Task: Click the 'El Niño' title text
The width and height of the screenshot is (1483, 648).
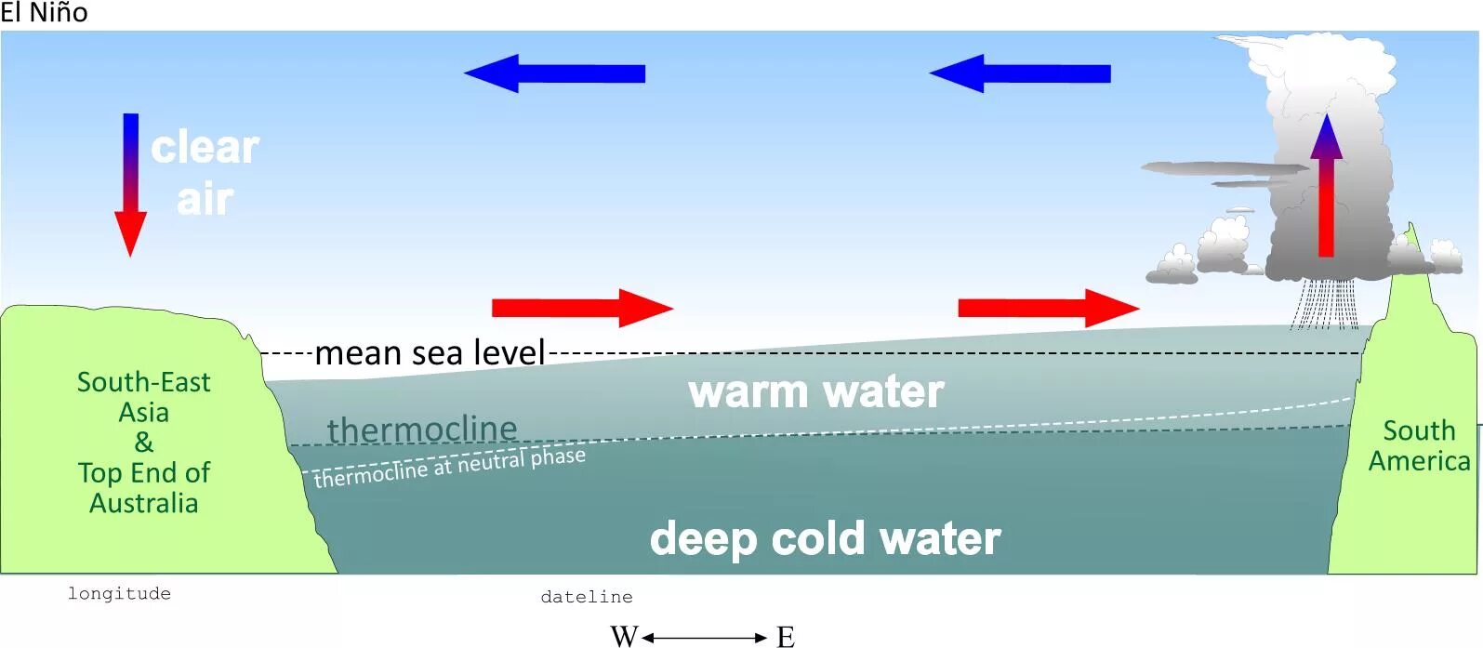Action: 44,13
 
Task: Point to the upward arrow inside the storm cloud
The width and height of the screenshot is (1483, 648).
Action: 1326,186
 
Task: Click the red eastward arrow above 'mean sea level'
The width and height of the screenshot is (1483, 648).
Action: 581,308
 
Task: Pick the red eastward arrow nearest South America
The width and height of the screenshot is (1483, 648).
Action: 1048,308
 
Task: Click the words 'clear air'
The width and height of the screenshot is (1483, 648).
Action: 205,173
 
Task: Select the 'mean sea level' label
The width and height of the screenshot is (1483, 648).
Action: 430,353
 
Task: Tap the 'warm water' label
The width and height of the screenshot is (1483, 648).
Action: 816,391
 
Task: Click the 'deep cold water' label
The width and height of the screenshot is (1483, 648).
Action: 825,538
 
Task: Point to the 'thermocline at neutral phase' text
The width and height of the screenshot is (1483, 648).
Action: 450,468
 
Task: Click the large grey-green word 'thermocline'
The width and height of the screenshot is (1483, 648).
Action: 422,430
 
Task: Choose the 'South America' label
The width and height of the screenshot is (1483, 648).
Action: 1419,445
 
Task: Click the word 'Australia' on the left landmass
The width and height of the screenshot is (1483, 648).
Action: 144,503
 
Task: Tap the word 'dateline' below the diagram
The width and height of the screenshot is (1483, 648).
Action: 587,597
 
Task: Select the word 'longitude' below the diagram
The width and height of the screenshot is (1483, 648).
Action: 119,593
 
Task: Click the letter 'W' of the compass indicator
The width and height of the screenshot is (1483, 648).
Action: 624,637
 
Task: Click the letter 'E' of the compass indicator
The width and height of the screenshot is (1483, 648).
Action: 786,637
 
